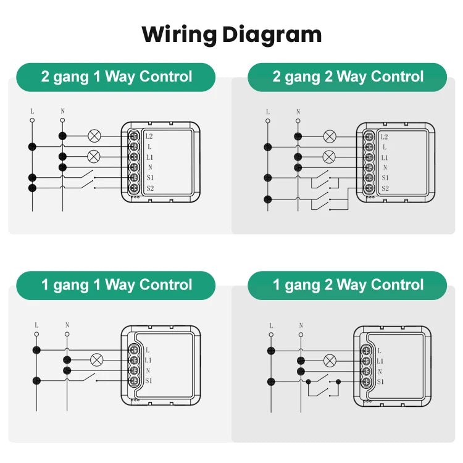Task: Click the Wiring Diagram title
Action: pyautogui.click(x=231, y=34)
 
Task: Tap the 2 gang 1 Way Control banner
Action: pyautogui.click(x=116, y=77)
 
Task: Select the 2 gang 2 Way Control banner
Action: pyautogui.click(x=348, y=77)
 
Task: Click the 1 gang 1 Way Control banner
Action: pyautogui.click(x=116, y=285)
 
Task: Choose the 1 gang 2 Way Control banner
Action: pyautogui.click(x=348, y=285)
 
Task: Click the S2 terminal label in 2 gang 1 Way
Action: pyautogui.click(x=149, y=188)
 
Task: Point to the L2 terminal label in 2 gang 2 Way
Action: pyautogui.click(x=385, y=136)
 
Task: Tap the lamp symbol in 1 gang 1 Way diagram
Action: pyautogui.click(x=96, y=359)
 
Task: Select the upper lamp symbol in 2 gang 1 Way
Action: pyautogui.click(x=94, y=136)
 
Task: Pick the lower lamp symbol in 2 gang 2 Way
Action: pyautogui.click(x=329, y=157)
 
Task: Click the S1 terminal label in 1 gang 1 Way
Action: pyautogui.click(x=148, y=381)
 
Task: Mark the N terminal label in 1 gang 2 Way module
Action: pyautogui.click(x=380, y=372)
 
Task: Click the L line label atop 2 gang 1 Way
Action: pyautogui.click(x=32, y=111)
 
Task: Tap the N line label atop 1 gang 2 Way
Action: pyautogui.click(x=301, y=325)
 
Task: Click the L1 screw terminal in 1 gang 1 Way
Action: pyautogui.click(x=133, y=360)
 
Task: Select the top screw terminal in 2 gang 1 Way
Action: pyautogui.click(x=133, y=136)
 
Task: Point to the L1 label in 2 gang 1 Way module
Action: pyautogui.click(x=149, y=157)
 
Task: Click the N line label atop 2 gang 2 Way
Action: pyautogui.click(x=298, y=112)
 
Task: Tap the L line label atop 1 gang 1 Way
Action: pyautogui.click(x=36, y=325)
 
